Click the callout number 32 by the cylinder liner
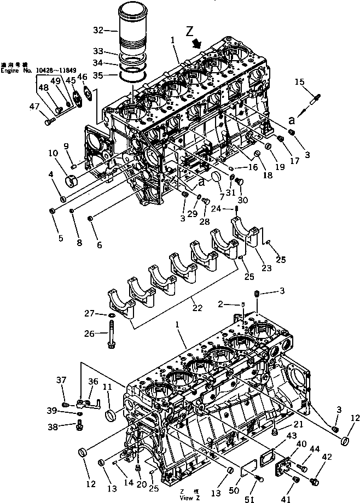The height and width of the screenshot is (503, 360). tap(98, 30)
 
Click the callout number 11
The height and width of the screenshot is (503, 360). tap(107, 387)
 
